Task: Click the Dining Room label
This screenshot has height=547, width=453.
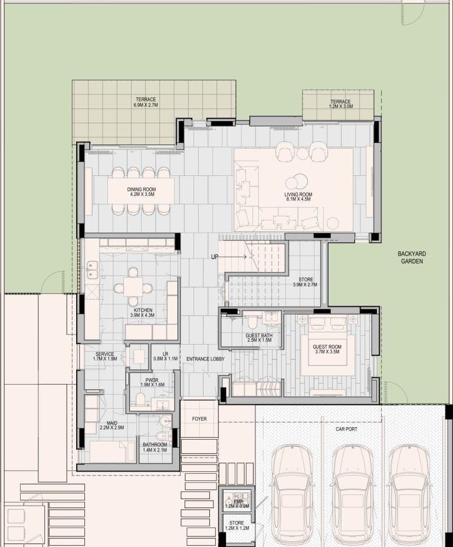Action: pyautogui.click(x=141, y=192)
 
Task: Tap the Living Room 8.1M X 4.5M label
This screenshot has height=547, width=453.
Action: pyautogui.click(x=298, y=196)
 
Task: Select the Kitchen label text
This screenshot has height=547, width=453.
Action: pyautogui.click(x=143, y=313)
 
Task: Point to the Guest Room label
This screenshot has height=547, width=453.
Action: pyautogui.click(x=327, y=349)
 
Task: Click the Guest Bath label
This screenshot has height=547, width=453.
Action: pyautogui.click(x=259, y=338)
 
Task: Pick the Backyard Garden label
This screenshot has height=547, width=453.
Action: pyautogui.click(x=412, y=257)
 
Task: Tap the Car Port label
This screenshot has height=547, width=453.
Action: pyautogui.click(x=346, y=429)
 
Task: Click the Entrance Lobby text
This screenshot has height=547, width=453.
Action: pyautogui.click(x=205, y=359)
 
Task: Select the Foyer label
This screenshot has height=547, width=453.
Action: pyautogui.click(x=199, y=419)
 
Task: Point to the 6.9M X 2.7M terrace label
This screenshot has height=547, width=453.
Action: pyautogui.click(x=146, y=104)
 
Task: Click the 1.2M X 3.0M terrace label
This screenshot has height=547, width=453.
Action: pyautogui.click(x=341, y=106)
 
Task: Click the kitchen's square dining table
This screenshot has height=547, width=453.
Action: pyautogui.click(x=133, y=287)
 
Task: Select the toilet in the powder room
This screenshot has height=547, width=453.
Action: pyautogui.click(x=140, y=399)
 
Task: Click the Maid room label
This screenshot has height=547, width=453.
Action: pyautogui.click(x=112, y=425)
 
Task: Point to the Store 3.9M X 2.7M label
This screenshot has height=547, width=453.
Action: pyautogui.click(x=305, y=282)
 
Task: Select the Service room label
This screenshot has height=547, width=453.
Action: pyautogui.click(x=104, y=356)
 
